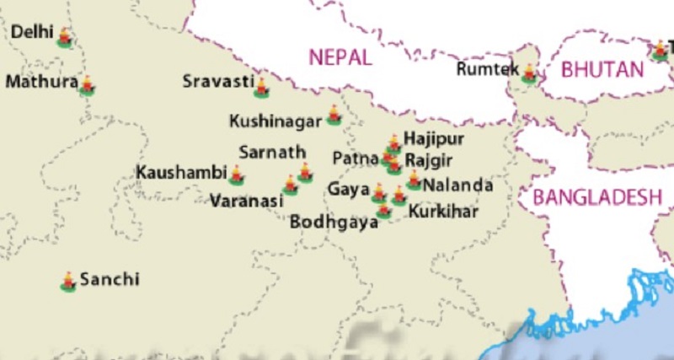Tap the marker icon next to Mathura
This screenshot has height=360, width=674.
pyautogui.click(x=86, y=84)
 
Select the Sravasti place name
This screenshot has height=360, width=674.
pyautogui.click(x=218, y=82)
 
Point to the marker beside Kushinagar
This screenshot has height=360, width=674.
pyautogui.click(x=334, y=116)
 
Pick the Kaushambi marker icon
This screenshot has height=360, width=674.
pyautogui.click(x=237, y=175)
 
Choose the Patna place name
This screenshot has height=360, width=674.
pyautogui.click(x=350, y=158)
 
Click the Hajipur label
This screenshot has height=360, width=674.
pyautogui.click(x=434, y=138)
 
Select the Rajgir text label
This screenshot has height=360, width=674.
pyautogui.click(x=430, y=159)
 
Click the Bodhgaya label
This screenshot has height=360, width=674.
pyautogui.click(x=334, y=223)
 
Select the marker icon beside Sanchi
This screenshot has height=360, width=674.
pyautogui.click(x=68, y=282)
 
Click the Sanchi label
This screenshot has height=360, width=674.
pyautogui.click(x=110, y=279)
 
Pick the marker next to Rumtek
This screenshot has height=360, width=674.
pyautogui.click(x=529, y=74)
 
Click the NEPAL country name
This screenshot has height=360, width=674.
pyautogui.click(x=340, y=57)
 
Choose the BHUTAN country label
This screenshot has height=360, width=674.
pyautogui.click(x=603, y=69)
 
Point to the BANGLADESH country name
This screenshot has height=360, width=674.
pyautogui.click(x=596, y=197)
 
